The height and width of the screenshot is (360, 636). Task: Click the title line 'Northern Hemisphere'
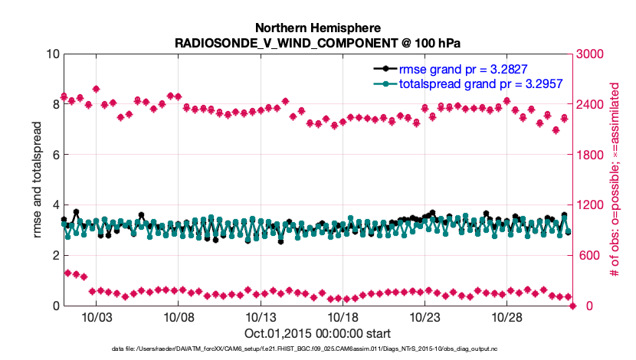pos(317,28)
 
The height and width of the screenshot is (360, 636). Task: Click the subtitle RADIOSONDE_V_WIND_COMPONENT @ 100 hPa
pos(317,42)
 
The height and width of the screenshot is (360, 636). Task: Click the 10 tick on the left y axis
pos(52,54)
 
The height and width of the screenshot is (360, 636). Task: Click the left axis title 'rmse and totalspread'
pos(37,179)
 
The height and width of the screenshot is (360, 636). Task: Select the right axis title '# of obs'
pos(613,179)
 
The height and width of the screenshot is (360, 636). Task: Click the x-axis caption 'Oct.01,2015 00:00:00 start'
pos(317,333)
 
